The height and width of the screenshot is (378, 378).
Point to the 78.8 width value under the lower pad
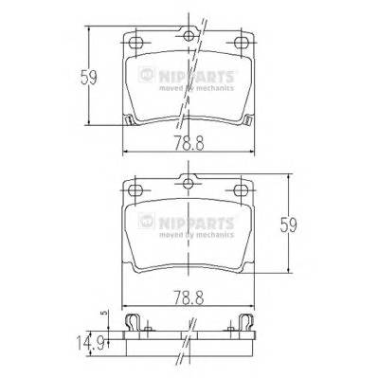(189, 296)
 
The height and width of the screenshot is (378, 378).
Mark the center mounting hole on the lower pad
(189, 185)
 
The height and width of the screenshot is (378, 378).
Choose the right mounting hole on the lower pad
(244, 193)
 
